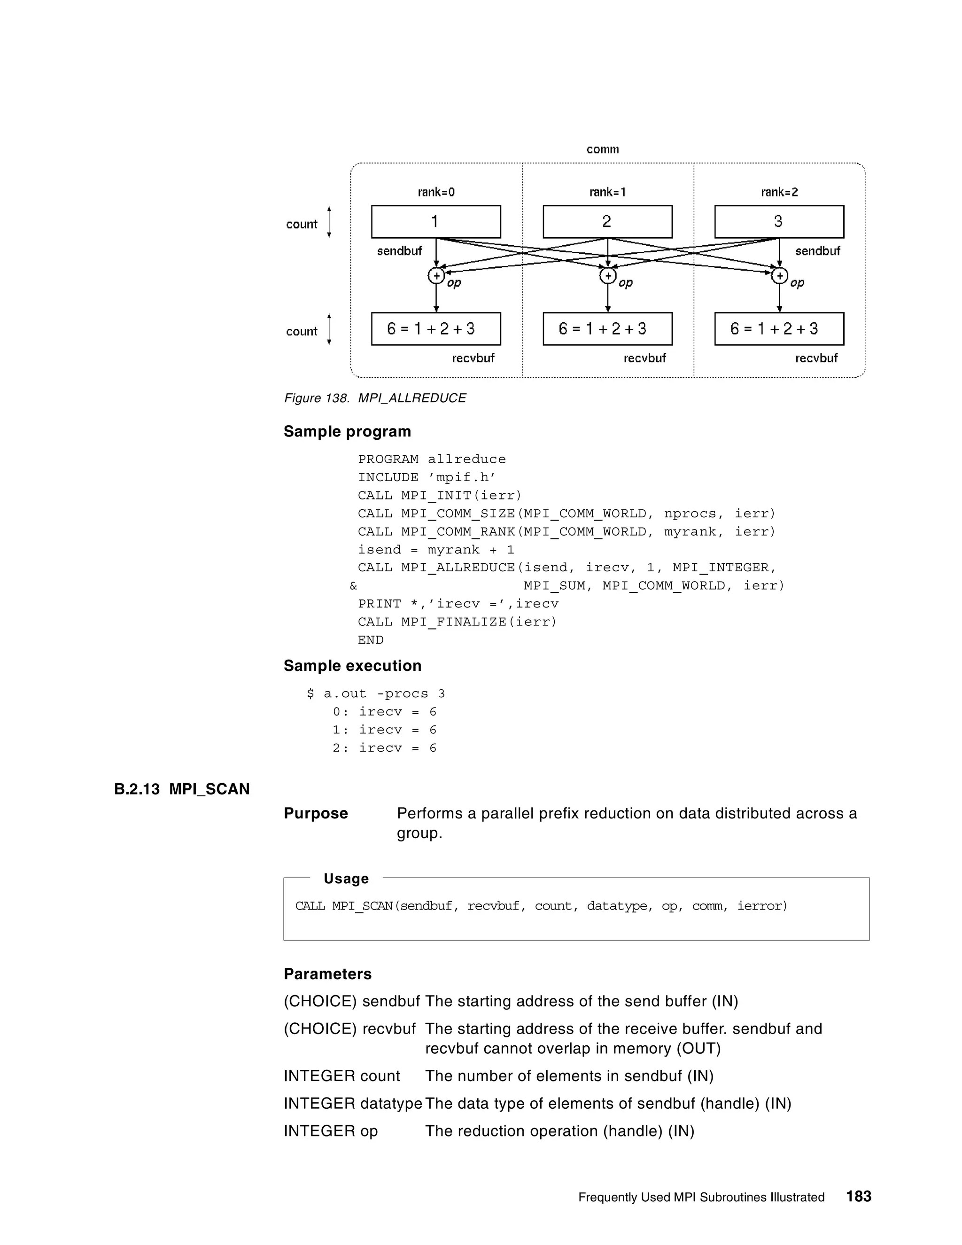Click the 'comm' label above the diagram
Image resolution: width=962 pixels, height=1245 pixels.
[602, 149]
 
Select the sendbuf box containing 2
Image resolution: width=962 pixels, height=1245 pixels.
[607, 222]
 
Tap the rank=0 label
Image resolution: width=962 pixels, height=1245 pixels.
[436, 192]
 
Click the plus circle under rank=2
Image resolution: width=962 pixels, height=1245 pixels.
[779, 276]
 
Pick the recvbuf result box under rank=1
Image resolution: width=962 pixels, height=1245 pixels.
[607, 329]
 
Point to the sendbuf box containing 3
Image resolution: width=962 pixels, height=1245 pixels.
[779, 222]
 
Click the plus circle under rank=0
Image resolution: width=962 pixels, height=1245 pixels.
[436, 276]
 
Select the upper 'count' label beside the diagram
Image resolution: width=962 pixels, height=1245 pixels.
[302, 224]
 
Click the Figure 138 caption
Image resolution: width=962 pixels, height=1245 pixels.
[375, 398]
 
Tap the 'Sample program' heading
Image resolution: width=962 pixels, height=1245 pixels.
[347, 432]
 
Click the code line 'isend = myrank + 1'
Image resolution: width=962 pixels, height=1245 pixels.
[436, 550]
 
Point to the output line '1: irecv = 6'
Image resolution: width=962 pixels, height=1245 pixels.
[384, 730]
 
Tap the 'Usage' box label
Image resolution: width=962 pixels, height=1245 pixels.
[346, 879]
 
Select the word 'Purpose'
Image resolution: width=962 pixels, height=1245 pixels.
[316, 813]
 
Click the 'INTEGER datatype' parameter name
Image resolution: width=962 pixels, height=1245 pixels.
[353, 1104]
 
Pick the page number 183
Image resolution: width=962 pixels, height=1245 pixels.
[858, 1197]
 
